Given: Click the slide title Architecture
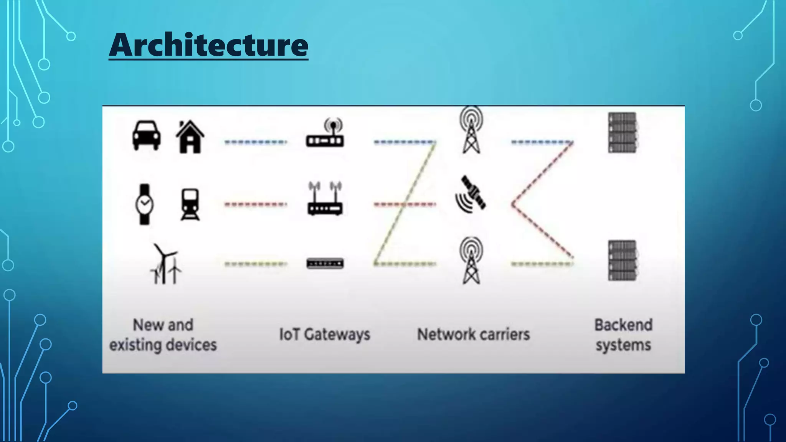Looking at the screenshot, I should pos(208,45).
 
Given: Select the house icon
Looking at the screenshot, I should pos(190,137).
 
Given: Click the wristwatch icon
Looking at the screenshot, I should pos(144,204).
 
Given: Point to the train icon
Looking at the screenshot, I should pos(190,204).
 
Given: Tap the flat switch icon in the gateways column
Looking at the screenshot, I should pos(325,264).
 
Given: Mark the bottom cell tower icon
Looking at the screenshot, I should pos(471,261).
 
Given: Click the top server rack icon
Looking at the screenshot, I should pos(622,133).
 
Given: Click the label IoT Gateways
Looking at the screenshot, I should pos(325,335).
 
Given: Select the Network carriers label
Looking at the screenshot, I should pos(474,335).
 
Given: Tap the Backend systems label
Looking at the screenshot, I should pos(623,335).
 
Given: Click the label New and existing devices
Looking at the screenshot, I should pos(163,335).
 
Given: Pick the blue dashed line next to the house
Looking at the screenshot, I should pos(256,142).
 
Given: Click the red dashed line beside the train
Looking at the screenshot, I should pos(256,205).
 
